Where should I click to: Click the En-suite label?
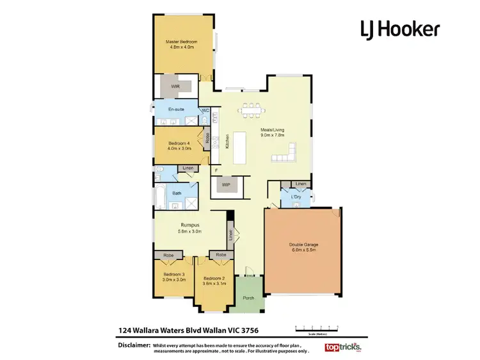(176, 110)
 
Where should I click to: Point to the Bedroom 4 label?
(179, 143)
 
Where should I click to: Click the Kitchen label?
(227, 142)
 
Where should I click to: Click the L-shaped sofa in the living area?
(285, 153)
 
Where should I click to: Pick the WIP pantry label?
(226, 186)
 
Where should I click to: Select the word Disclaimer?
(134, 345)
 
